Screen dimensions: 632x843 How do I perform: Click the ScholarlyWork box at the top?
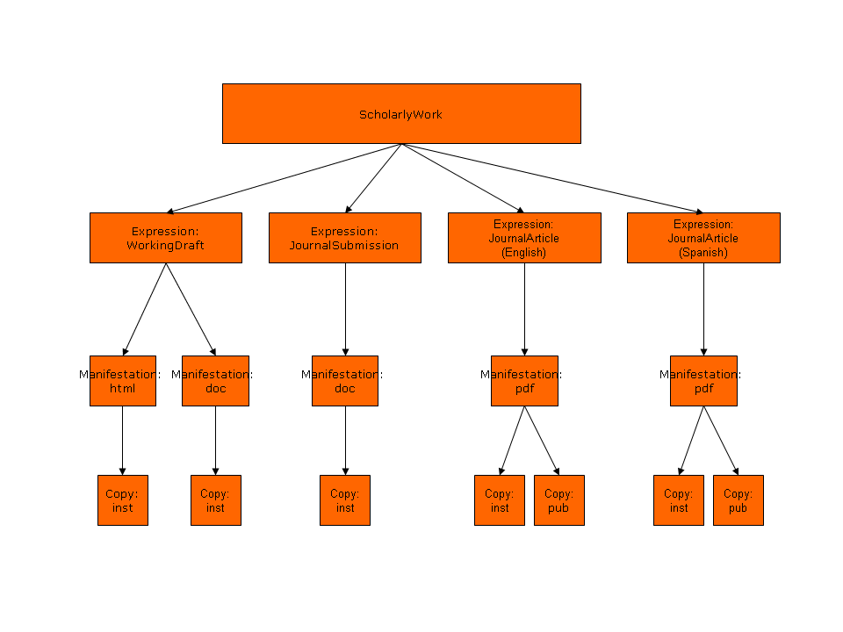tap(401, 113)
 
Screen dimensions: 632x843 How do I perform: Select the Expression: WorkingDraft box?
tap(165, 238)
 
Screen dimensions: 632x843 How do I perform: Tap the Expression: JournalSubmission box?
tap(344, 238)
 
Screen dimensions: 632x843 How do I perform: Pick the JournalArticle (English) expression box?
tap(524, 238)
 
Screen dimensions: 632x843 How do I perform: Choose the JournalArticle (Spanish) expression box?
tap(703, 238)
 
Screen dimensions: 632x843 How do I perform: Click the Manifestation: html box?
tap(123, 381)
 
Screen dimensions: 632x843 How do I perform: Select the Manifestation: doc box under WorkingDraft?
tap(215, 381)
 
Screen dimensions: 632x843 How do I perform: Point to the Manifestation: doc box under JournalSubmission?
tap(345, 381)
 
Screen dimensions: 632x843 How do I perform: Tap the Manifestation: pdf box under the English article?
tap(524, 381)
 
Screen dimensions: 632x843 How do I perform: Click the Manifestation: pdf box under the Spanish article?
tap(703, 381)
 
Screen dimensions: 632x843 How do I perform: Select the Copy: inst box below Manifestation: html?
tap(123, 500)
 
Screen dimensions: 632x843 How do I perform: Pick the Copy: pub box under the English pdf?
tap(559, 500)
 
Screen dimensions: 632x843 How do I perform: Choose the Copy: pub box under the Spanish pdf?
tap(739, 500)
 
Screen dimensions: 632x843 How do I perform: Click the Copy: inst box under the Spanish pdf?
tap(679, 500)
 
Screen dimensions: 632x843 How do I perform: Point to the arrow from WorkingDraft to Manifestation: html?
tap(145, 309)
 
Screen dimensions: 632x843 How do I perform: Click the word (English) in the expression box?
tap(524, 252)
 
